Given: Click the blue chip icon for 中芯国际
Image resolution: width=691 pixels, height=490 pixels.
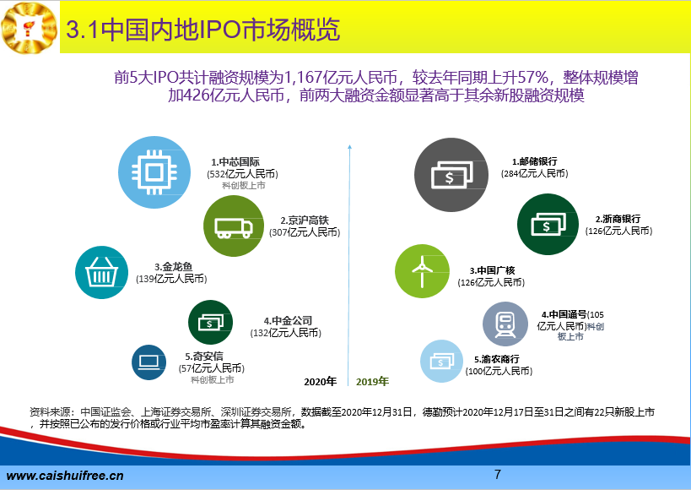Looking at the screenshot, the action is (x=154, y=172).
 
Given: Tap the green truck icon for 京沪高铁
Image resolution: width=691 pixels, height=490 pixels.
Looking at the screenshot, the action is (x=234, y=226).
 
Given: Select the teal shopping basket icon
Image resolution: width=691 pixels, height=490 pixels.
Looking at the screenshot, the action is (x=101, y=272).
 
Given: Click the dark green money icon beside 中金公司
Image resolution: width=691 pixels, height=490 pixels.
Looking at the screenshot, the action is (x=210, y=322).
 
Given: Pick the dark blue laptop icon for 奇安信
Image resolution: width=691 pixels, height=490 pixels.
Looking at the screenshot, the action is (x=149, y=362).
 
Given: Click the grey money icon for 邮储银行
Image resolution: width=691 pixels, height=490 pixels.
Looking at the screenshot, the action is (x=451, y=175).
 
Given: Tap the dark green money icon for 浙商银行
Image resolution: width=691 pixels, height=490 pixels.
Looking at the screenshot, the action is (x=548, y=224).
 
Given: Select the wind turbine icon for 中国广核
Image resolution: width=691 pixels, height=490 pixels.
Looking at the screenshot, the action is (x=422, y=271).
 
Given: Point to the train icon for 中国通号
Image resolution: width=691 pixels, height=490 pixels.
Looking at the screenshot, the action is (x=505, y=324).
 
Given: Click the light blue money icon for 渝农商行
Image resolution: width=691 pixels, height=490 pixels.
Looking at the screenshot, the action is (x=441, y=361).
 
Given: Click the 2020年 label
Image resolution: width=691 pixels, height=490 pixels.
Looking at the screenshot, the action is (x=321, y=381).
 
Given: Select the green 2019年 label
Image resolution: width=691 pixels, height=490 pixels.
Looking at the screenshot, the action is (x=372, y=381).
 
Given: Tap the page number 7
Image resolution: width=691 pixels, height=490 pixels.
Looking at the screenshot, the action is (x=498, y=474).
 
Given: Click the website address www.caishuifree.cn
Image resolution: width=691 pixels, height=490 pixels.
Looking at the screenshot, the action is (x=65, y=476).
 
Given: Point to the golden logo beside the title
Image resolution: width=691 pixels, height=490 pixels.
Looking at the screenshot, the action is (x=29, y=28).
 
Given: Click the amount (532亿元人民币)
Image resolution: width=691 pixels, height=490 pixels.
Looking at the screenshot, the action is (x=242, y=174).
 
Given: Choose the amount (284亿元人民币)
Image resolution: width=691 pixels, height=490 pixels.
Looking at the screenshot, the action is (x=535, y=173).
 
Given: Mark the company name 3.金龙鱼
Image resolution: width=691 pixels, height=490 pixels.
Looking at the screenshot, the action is (x=174, y=267).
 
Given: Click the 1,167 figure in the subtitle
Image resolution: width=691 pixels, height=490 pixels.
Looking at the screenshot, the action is (x=304, y=78).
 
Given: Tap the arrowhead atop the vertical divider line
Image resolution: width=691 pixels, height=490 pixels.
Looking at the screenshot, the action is (x=349, y=146).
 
